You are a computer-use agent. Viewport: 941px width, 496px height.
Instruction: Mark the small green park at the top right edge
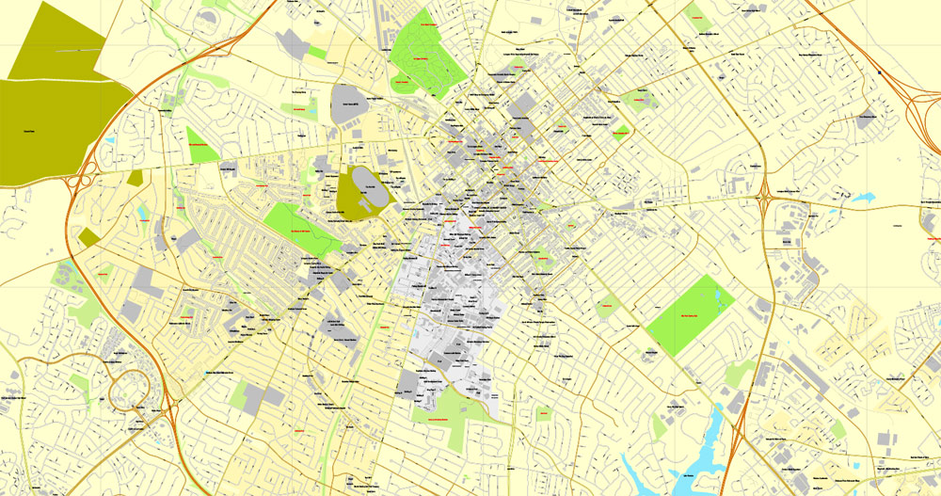click(x=696, y=15)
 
